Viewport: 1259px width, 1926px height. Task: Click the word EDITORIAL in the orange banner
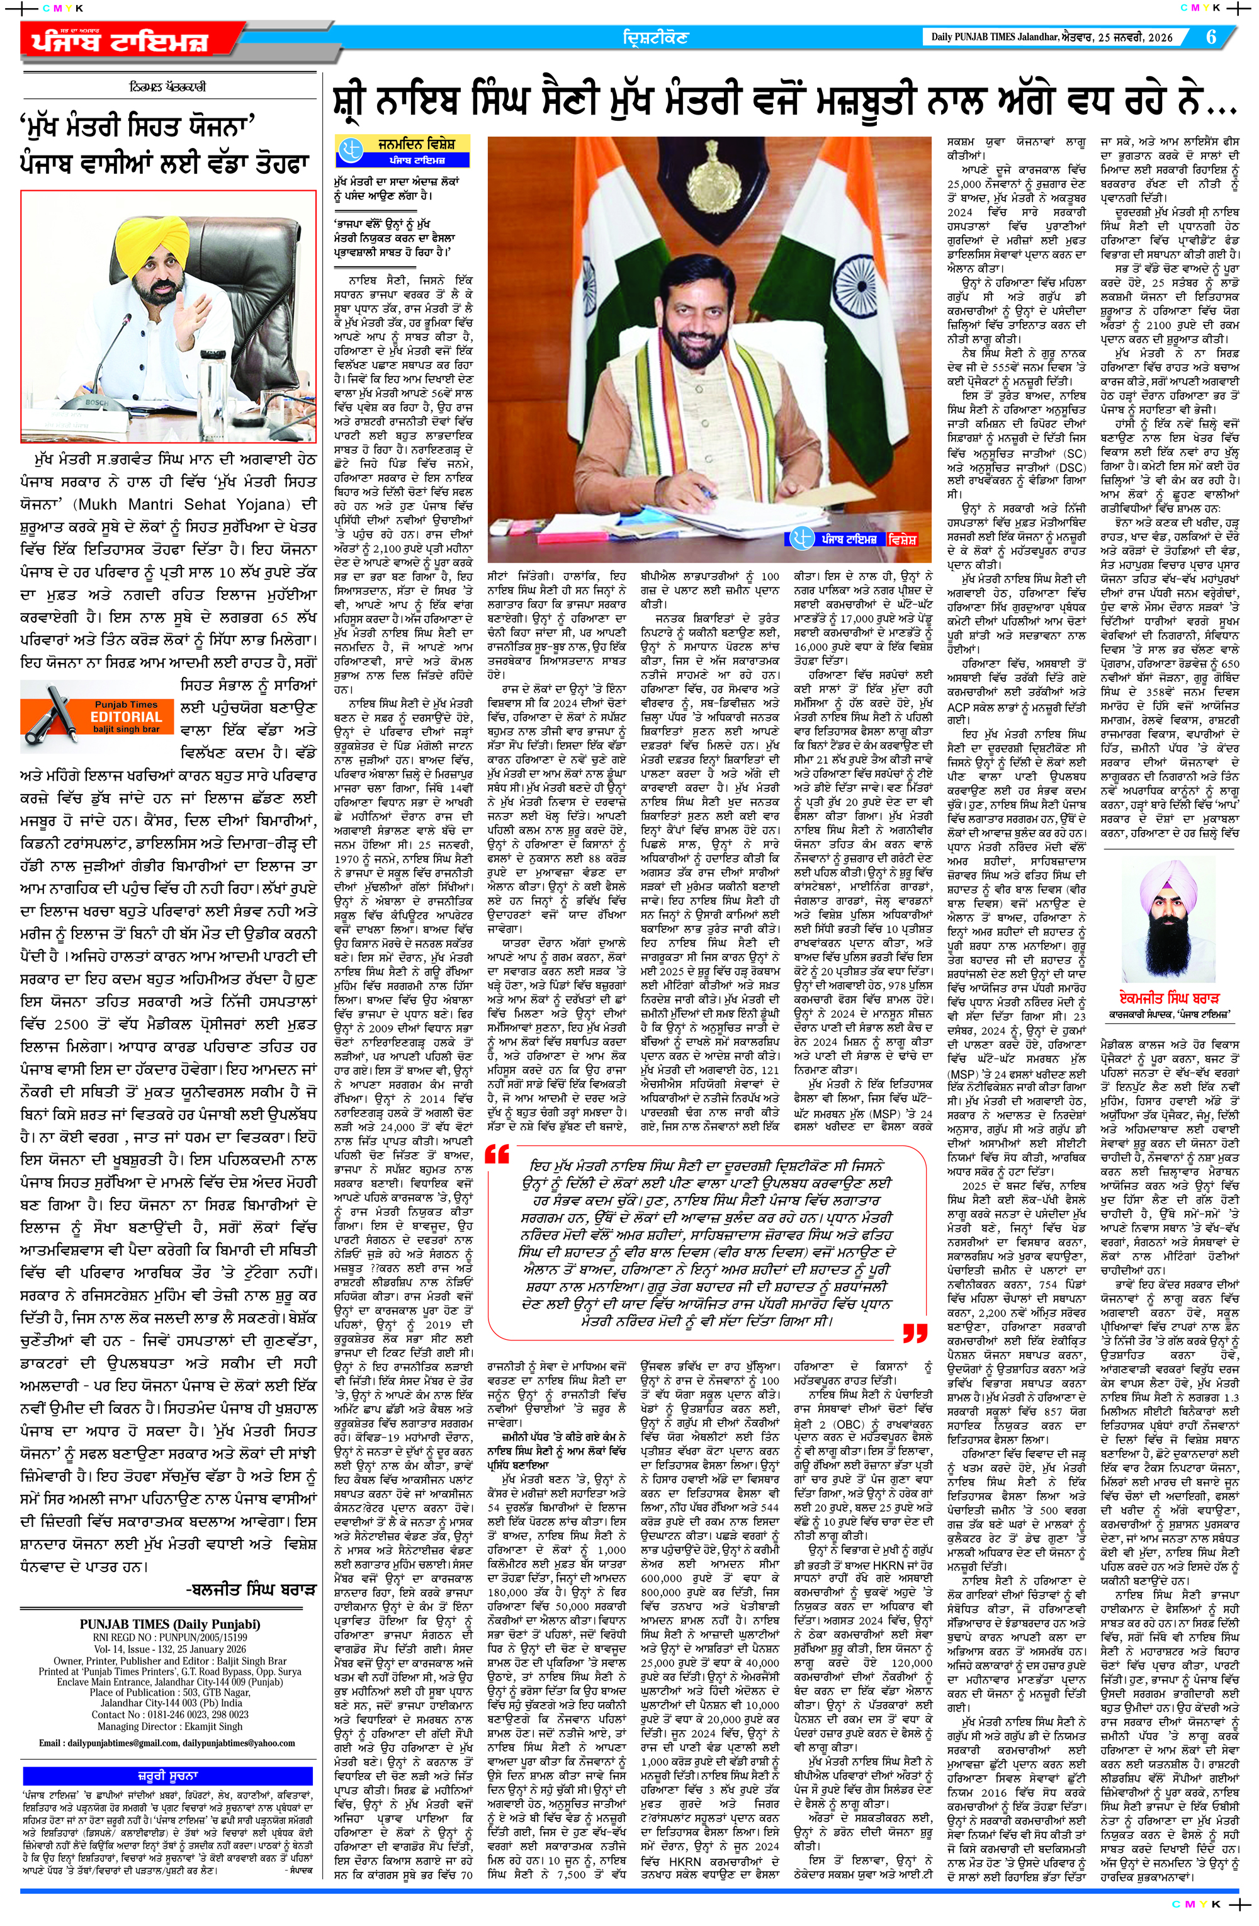[x=127, y=717]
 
